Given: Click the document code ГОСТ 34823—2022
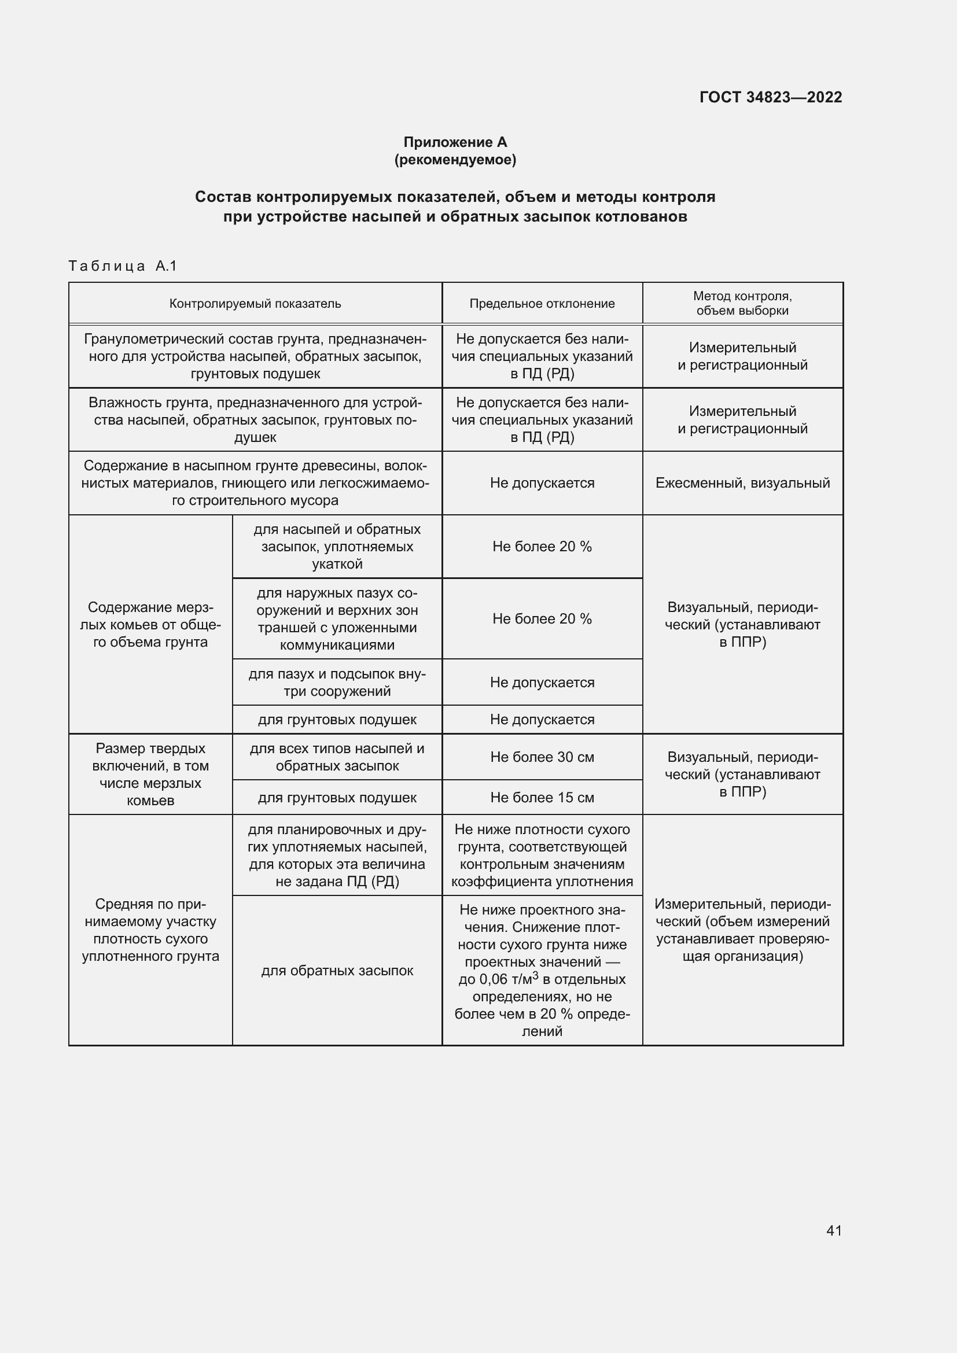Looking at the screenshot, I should (770, 97).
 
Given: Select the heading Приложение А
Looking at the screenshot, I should (455, 142).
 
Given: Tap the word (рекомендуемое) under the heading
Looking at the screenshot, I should (455, 160).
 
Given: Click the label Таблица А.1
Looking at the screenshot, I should (123, 266).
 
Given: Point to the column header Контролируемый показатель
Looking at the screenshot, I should (255, 304).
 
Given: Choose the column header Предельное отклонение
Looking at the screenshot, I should (542, 304).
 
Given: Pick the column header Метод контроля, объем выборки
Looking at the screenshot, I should (742, 304).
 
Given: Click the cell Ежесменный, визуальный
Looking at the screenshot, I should (742, 483).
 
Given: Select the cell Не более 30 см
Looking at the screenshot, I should (542, 757).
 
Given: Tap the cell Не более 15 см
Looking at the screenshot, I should (542, 798).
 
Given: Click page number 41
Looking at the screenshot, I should (834, 1230).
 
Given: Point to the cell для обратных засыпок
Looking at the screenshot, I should (337, 971).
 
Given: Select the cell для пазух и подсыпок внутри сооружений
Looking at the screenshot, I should (337, 683).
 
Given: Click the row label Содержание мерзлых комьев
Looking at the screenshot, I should (150, 625).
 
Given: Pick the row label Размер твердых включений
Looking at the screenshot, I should (150, 775).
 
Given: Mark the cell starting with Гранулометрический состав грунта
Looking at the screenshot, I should (255, 356).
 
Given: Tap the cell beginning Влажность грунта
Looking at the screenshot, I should (255, 419).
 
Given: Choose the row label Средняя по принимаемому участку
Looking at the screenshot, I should (150, 930).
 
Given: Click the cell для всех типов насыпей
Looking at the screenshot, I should (337, 757).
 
